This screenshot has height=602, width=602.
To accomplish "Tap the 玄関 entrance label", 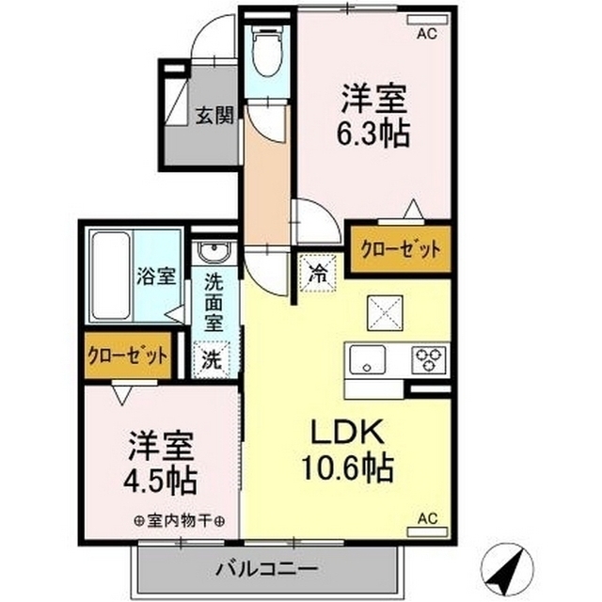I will [x=214, y=117].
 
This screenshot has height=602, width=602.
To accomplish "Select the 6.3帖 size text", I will [x=373, y=135].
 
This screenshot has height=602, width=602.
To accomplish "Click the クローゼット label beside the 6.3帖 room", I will [x=402, y=250].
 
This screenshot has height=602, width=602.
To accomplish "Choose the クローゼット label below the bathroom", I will [x=128, y=356].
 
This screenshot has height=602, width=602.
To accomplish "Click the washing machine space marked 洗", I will [x=212, y=358].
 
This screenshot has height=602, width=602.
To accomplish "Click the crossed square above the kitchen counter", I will [x=386, y=311].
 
